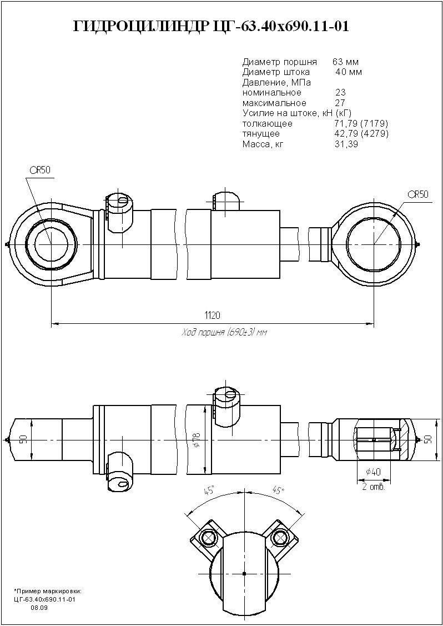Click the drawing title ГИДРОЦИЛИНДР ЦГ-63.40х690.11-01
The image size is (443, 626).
(212, 27)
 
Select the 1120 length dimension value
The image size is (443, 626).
(212, 315)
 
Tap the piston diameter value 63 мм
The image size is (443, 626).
(346, 62)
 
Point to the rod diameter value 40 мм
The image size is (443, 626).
(349, 72)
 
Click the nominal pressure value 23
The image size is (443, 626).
(340, 93)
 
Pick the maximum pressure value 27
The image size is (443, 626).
(340, 103)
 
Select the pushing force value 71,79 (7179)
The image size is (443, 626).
(361, 123)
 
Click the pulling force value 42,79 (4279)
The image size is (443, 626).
(361, 134)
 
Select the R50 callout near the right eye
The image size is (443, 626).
(418, 194)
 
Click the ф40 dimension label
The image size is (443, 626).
(373, 473)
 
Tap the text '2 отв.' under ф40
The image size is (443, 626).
(373, 487)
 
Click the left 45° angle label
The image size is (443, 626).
(210, 491)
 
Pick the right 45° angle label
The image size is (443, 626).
(278, 491)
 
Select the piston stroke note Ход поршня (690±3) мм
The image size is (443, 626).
(224, 332)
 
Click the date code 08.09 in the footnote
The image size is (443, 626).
(39, 608)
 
